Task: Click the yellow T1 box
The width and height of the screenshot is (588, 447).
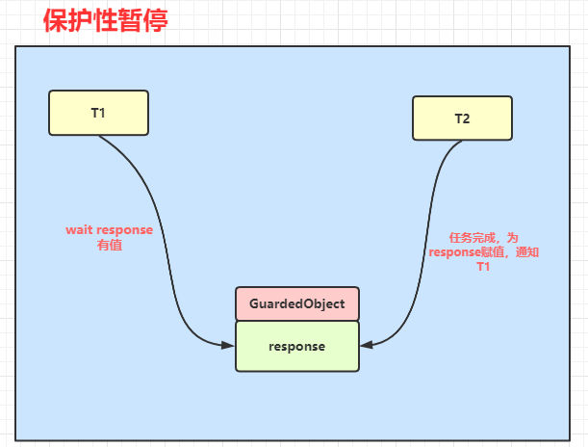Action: point(98,113)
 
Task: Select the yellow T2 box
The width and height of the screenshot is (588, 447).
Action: point(462,118)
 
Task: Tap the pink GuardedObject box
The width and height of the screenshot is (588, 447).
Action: point(297,303)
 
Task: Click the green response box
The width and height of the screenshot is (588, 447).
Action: point(297,346)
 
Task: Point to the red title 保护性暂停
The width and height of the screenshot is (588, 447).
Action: point(105,20)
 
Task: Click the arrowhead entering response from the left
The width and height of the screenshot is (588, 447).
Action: point(228,345)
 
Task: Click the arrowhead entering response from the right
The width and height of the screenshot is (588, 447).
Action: point(367,345)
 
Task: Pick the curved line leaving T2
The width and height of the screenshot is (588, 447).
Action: point(426,240)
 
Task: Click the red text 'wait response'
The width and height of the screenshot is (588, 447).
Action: point(109,229)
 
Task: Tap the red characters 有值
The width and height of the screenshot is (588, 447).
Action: point(110,245)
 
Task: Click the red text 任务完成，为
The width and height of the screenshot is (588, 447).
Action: point(483,238)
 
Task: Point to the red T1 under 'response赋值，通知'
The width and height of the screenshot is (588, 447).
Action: point(483,267)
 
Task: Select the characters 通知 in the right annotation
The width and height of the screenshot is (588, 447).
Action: point(527,251)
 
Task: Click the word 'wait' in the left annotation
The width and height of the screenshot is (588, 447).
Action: point(79,229)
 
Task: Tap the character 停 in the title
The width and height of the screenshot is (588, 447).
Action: point(155,20)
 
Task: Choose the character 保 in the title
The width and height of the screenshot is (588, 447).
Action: point(56,20)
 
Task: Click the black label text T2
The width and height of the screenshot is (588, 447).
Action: point(462,118)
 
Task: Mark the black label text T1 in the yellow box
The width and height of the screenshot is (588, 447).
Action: point(98,113)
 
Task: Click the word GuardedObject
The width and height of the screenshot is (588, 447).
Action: point(297,303)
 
